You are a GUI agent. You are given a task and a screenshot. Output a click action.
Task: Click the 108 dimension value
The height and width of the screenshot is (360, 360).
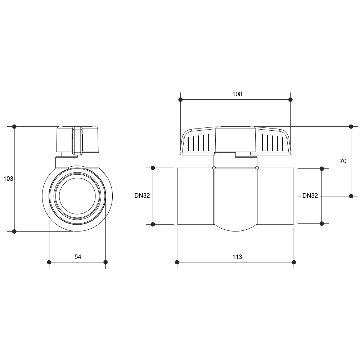237,94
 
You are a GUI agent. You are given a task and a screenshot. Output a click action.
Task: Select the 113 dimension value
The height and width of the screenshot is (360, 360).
237,257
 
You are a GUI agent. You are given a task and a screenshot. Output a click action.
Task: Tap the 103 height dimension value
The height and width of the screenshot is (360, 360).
8,179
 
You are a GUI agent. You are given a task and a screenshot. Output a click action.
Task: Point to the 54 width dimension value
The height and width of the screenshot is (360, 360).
78,257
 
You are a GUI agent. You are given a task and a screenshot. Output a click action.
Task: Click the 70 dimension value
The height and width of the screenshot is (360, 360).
343,161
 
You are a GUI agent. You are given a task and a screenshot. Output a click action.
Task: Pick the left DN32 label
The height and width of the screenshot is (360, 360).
142,195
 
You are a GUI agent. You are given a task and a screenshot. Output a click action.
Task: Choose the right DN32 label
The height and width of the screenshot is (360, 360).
310,195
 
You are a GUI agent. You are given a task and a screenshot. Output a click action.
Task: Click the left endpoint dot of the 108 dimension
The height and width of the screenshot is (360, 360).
180,99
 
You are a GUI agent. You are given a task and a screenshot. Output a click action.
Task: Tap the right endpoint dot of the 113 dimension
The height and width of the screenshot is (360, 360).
294,262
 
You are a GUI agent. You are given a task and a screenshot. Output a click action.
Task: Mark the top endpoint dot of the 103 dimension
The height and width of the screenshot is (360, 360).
14,126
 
